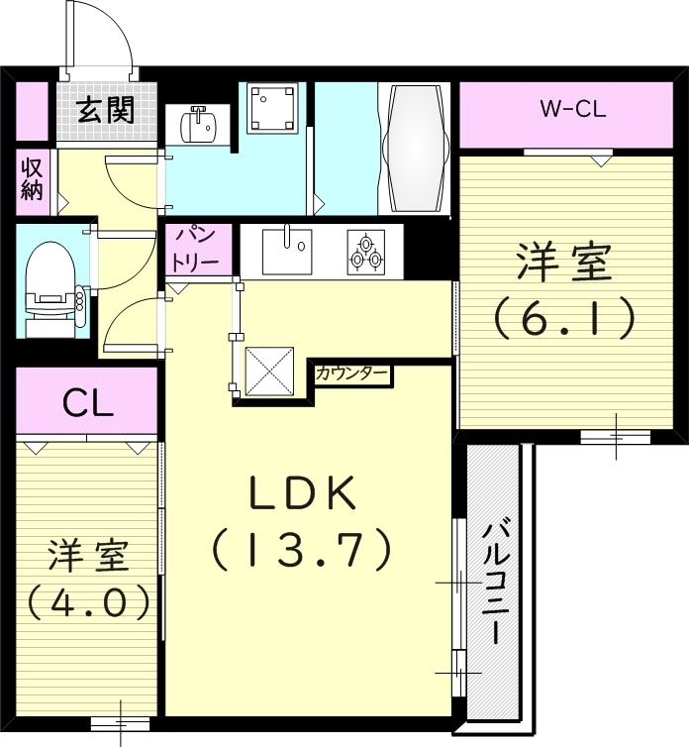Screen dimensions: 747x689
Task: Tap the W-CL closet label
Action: coord(572,110)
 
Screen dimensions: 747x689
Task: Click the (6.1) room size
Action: coord(563,318)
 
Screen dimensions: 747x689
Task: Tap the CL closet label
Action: coord(87,402)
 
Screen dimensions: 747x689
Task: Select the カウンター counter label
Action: coord(351,374)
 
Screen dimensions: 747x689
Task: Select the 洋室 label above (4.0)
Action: coord(88,556)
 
